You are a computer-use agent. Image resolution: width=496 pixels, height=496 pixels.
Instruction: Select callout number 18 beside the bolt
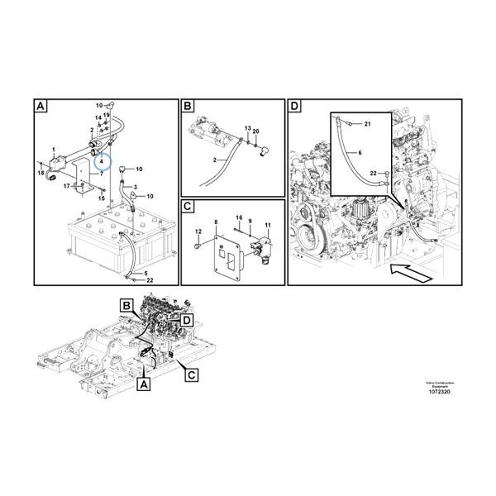(41, 173)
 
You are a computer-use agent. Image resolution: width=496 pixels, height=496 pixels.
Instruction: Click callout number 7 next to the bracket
(102, 174)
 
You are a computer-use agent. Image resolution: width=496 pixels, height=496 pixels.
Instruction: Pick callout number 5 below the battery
(145, 273)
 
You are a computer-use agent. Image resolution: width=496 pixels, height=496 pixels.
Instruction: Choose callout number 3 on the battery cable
(135, 188)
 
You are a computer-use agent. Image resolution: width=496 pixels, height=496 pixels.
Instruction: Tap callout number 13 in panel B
(246, 128)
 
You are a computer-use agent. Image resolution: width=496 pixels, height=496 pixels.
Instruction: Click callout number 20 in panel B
(256, 131)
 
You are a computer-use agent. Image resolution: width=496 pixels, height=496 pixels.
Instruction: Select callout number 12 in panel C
(198, 234)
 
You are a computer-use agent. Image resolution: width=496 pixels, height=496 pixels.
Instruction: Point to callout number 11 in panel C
(267, 226)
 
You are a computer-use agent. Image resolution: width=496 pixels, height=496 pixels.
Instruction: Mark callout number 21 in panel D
(368, 123)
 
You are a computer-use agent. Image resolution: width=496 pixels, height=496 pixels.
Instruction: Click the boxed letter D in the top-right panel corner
(295, 107)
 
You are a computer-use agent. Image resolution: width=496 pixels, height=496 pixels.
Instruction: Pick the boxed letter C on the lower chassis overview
(191, 375)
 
